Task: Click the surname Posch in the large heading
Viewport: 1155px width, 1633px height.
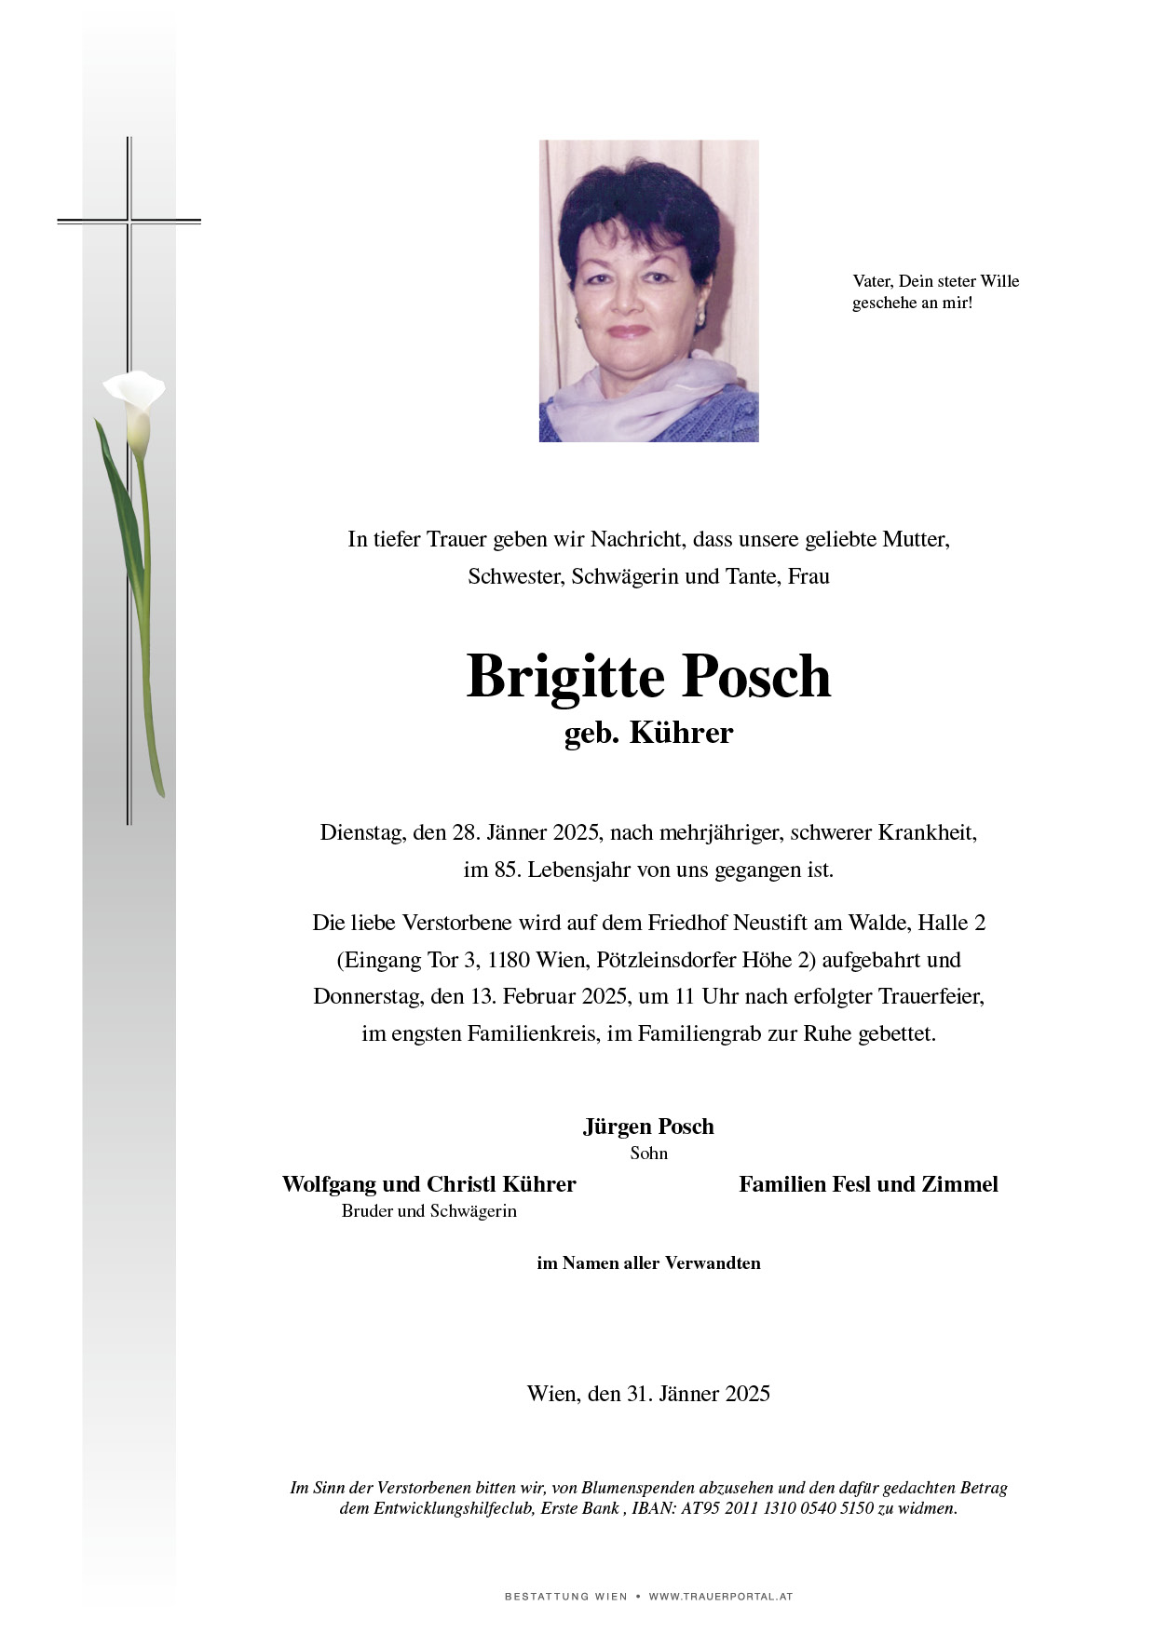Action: pyautogui.click(x=756, y=677)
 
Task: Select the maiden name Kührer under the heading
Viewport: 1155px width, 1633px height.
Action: pyautogui.click(x=681, y=733)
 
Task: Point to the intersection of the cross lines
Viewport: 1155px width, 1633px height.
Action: pyautogui.click(x=129, y=221)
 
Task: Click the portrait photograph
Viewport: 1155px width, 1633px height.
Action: pyautogui.click(x=648, y=290)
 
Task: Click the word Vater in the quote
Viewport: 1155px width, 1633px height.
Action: pyautogui.click(x=873, y=281)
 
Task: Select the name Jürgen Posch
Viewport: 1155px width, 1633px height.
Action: pyautogui.click(x=648, y=1127)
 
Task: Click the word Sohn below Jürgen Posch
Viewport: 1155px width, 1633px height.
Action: pyautogui.click(x=648, y=1154)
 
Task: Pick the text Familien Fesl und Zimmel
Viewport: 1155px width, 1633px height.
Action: pyautogui.click(x=868, y=1184)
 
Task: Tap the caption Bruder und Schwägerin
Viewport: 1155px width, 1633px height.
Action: pyautogui.click(x=428, y=1211)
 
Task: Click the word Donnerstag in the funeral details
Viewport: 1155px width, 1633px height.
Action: pyautogui.click(x=368, y=997)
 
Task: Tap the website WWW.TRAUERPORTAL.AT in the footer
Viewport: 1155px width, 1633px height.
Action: pyautogui.click(x=720, y=1597)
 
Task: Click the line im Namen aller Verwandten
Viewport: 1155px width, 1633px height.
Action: pyautogui.click(x=648, y=1263)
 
